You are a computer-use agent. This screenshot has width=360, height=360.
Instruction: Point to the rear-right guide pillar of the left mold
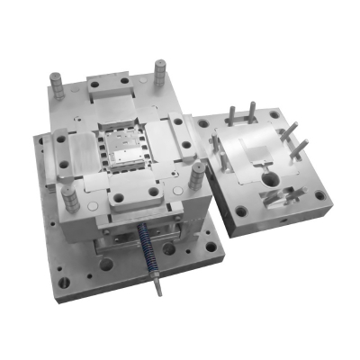pos(161,70)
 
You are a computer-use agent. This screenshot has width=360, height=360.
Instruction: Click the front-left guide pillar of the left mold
pos(60,145)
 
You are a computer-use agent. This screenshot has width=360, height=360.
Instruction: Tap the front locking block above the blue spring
pos(135,193)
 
